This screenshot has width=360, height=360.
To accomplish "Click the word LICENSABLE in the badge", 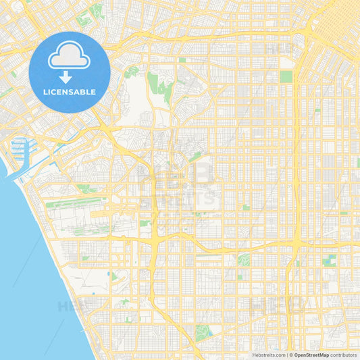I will point(70,92).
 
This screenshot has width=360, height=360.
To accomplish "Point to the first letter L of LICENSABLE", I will point(45,92).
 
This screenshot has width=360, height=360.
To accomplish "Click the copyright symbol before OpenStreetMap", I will point(291,355).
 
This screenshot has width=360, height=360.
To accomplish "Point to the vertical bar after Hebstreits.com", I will point(286,355).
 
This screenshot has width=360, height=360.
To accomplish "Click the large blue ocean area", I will point(27,270).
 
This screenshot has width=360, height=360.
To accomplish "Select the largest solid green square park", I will point(286,76).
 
